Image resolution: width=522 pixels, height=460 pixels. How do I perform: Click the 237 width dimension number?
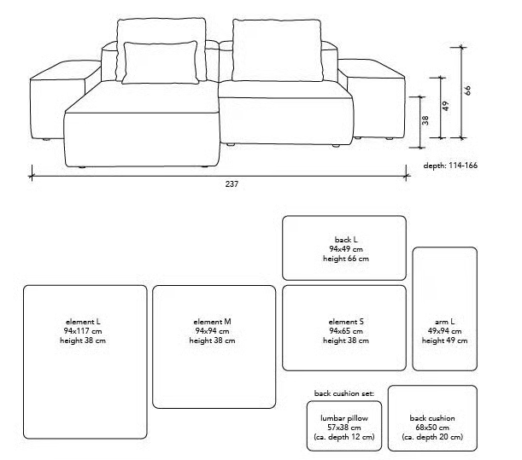pos(232,184)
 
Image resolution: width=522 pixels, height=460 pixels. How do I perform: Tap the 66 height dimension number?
pos(467,90)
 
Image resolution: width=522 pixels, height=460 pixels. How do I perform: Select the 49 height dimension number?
pos(446,106)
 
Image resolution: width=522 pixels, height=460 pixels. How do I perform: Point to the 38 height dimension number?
pos(425,120)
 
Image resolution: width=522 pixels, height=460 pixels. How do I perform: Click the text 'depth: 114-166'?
pos(450,166)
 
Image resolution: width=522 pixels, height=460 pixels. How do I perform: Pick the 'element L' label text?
pos(83,322)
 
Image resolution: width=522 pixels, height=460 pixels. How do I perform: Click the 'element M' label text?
pos(212,322)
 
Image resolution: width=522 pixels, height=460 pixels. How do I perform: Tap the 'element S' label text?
pos(346,322)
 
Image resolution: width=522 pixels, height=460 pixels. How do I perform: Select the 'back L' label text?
pos(346,240)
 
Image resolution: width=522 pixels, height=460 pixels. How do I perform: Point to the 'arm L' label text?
pos(444,322)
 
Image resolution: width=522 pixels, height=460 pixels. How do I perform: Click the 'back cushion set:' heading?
pos(344,393)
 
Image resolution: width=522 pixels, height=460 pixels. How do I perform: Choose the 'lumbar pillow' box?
pos(344,426)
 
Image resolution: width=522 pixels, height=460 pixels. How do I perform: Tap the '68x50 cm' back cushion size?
pos(432,428)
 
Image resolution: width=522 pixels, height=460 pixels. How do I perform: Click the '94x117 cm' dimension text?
pos(83,331)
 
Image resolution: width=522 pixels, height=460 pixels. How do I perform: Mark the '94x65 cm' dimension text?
pos(346,331)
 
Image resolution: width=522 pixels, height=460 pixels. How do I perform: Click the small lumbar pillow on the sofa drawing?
pos(160,62)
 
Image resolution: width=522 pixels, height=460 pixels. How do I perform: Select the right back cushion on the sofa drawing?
pos(278,49)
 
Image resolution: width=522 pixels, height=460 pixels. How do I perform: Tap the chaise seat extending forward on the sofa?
pos(142,125)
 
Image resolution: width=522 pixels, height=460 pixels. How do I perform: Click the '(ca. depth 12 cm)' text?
pos(344,437)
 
